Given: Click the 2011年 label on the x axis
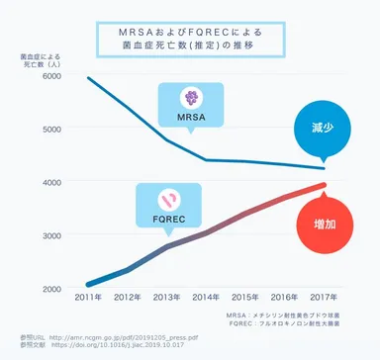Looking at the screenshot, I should [89, 296].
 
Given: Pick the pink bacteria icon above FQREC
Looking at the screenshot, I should [170, 196].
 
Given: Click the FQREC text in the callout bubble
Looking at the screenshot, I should [170, 217].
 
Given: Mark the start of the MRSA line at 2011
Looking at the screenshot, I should [89, 78].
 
